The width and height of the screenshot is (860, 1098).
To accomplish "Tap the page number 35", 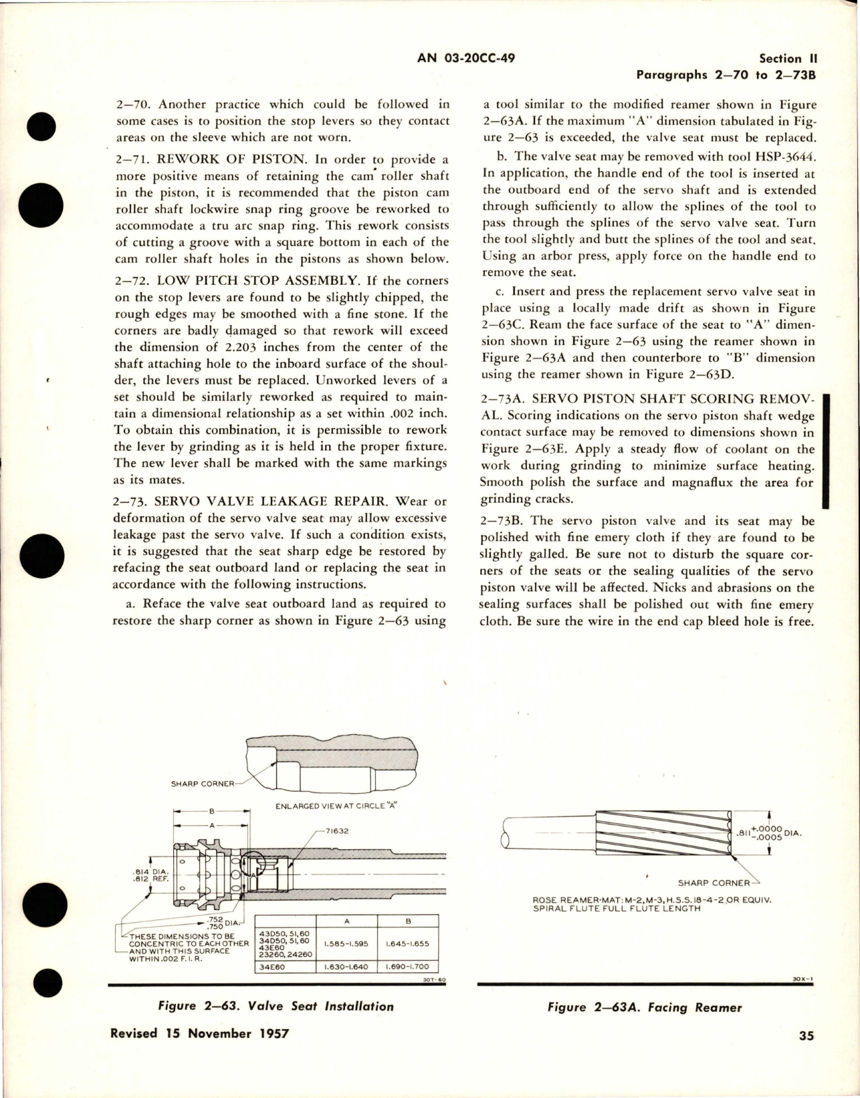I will click(805, 1055).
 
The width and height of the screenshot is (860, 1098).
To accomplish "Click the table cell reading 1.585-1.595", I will click(346, 944).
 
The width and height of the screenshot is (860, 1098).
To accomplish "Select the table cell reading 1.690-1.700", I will click(407, 967).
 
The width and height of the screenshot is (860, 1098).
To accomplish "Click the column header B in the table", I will click(407, 921).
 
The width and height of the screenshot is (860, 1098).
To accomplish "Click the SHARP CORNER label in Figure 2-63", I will click(203, 784).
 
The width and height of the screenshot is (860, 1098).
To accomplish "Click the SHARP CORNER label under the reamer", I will click(714, 883).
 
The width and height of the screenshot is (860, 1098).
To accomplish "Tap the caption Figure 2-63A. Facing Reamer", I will click(644, 1007).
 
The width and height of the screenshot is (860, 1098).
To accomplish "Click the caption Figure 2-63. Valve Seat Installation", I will click(276, 1006).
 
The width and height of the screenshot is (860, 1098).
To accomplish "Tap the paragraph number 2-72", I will click(132, 281).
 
